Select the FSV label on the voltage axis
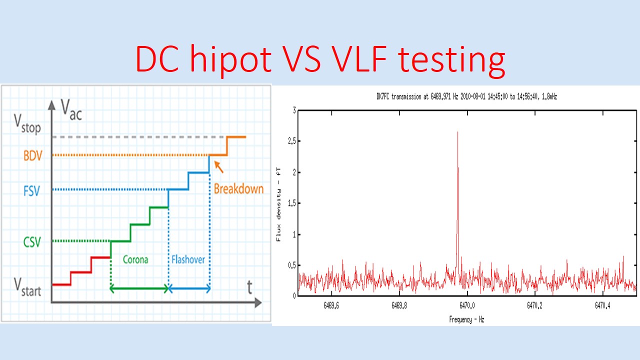point(31,190)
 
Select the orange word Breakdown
point(238,189)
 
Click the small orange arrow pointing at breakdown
point(218,166)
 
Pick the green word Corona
point(135,260)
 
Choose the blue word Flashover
point(188,260)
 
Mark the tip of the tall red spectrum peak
point(457,132)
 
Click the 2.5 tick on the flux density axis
point(289,141)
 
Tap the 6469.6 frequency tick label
point(330,304)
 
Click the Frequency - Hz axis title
point(466,319)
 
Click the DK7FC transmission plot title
point(466,97)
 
